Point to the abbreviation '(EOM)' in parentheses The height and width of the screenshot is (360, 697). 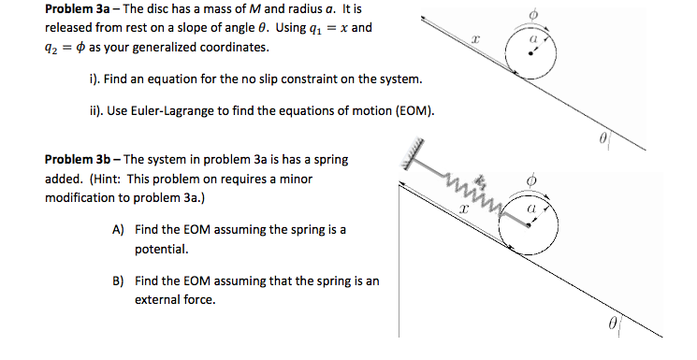[x=416, y=111]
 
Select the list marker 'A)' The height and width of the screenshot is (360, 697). [x=118, y=229]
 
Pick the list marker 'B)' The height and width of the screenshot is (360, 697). [x=118, y=281]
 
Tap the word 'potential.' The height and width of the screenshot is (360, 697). [x=163, y=250]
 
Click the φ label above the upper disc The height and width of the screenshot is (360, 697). [x=534, y=12]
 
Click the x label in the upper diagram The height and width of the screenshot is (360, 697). [x=475, y=39]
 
